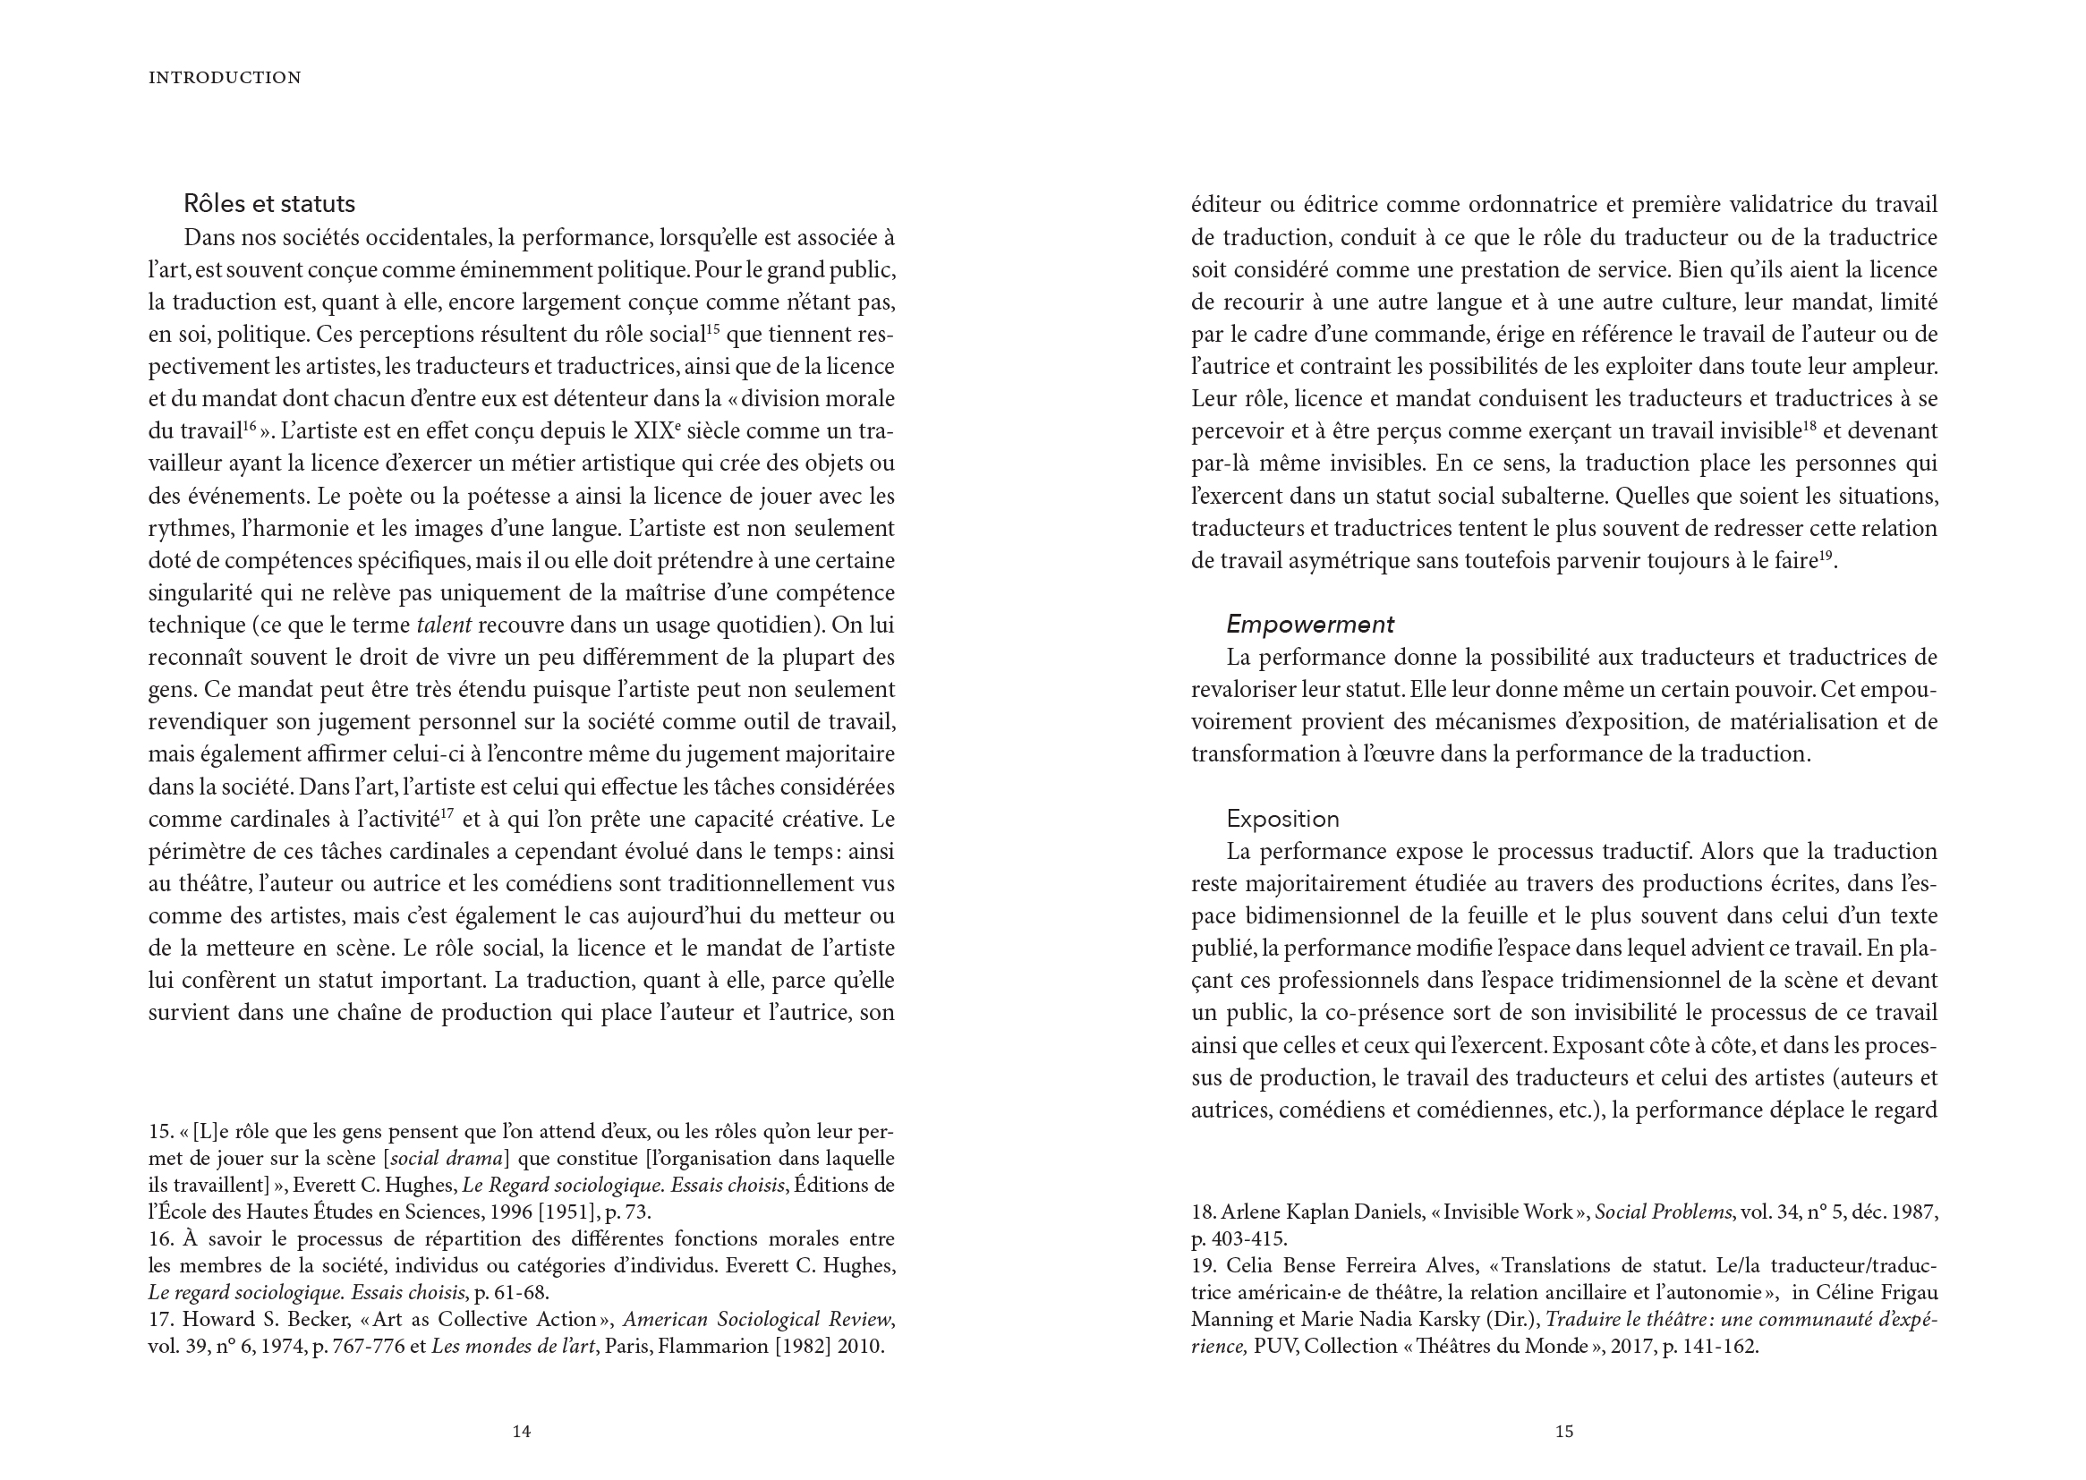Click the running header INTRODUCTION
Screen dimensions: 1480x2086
[225, 79]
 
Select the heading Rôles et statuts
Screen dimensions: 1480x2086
[268, 203]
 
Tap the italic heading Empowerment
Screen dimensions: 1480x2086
[1309, 625]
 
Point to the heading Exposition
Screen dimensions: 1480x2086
[1282, 819]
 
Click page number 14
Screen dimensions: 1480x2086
[521, 1432]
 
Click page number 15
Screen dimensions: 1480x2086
[1563, 1432]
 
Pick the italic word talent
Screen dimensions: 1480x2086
[444, 625]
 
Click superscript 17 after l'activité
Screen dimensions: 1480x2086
[447, 813]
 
